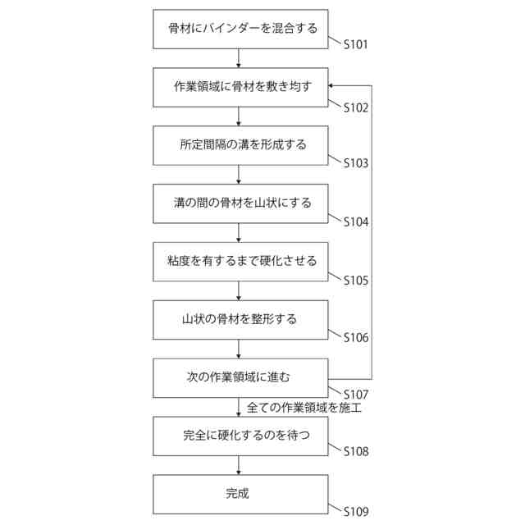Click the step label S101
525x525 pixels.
[355, 44]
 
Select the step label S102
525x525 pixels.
[355, 107]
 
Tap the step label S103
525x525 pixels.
[355, 163]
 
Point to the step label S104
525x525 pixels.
[355, 221]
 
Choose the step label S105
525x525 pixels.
[355, 280]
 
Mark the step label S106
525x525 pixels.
[355, 337]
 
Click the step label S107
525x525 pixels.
[355, 395]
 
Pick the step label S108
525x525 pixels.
[355, 451]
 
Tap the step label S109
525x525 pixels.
[355, 511]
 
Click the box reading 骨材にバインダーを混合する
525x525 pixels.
[239, 30]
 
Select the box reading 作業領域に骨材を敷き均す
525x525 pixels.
[239, 87]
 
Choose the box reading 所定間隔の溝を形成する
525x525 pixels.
[239, 145]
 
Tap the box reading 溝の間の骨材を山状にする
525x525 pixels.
[239, 203]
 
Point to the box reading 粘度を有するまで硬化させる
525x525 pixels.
[239, 262]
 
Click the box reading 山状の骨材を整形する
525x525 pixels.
[239, 319]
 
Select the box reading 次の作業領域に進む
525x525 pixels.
[239, 378]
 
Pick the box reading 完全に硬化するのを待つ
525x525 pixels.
[239, 436]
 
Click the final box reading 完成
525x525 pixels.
[239, 494]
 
